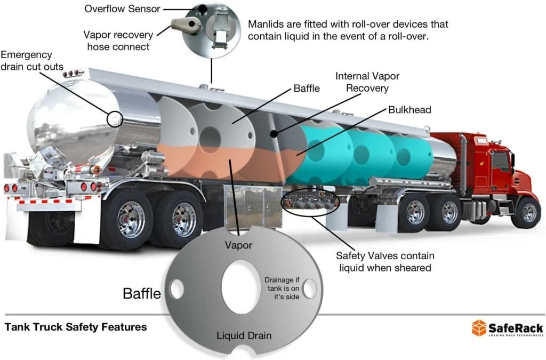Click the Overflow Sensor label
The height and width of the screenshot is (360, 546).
pos(122,9)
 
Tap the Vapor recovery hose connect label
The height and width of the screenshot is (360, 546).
pos(118,41)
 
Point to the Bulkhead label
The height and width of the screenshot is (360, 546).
pos(410,110)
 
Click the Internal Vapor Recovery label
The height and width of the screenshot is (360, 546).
pos(367,82)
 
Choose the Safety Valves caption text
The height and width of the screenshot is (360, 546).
pos(385,261)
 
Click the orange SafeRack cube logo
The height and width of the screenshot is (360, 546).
pos(479,327)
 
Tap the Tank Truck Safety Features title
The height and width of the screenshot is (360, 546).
pos(75,327)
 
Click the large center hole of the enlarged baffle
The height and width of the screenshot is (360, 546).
pos(240,288)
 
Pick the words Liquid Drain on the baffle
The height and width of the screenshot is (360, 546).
pos(244,335)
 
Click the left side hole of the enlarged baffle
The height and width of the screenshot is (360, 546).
pos(176,289)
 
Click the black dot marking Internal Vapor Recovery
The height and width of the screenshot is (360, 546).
pos(274,133)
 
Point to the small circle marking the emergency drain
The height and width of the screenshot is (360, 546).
pos(114,118)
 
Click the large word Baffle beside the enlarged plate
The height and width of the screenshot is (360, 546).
pos(141,293)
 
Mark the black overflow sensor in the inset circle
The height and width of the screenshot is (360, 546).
pos(203,9)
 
